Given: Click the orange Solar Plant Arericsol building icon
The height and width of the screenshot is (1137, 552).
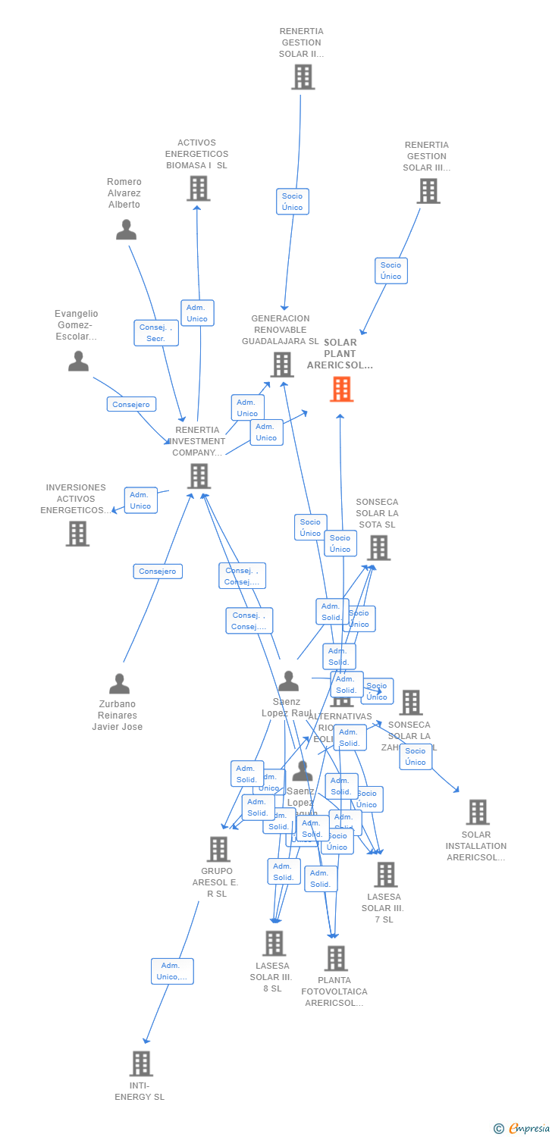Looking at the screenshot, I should click(341, 389).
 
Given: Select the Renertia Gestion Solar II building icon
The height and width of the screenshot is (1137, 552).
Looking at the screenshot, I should click(303, 77).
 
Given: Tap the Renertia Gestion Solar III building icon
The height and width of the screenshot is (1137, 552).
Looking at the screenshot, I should click(428, 190).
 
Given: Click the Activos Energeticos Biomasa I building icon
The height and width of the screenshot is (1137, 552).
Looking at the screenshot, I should click(198, 188).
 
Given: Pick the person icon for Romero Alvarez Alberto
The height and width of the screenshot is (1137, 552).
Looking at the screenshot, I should click(126, 229).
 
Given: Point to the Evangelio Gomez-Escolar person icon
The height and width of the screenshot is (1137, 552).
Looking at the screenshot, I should click(78, 361).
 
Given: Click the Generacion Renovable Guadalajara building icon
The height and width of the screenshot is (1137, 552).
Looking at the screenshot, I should click(282, 365).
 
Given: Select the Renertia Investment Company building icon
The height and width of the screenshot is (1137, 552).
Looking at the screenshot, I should click(199, 476).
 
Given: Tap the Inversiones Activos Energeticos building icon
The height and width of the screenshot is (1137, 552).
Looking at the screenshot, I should click(77, 534).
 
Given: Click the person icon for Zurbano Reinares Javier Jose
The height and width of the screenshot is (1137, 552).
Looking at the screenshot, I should click(119, 684).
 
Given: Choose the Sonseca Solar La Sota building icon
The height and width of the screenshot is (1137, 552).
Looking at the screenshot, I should click(378, 547).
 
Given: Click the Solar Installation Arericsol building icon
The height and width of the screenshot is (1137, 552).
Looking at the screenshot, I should click(478, 812).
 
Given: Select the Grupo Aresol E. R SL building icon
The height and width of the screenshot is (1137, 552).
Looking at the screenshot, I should click(218, 849).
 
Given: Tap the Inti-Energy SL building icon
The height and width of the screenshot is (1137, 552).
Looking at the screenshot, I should click(141, 1063).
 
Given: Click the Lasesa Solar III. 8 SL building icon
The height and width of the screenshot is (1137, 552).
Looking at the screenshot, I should click(274, 944).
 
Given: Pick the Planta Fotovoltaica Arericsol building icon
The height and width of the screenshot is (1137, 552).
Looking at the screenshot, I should click(335, 958).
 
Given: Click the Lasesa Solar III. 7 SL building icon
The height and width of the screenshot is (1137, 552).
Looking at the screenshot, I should click(385, 875).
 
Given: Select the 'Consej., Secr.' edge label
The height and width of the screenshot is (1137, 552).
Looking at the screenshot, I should click(156, 333).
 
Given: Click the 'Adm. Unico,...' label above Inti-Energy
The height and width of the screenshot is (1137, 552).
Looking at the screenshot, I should click(172, 971).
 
